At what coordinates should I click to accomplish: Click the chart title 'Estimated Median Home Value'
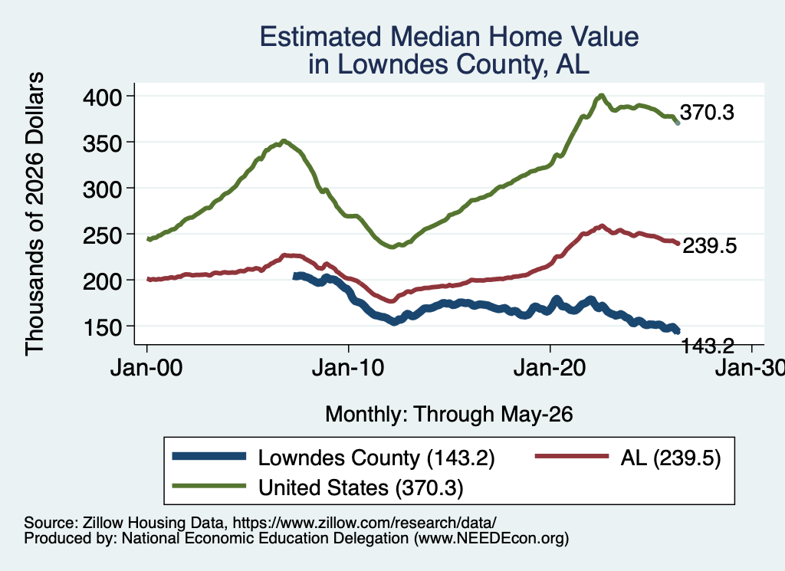point(449,37)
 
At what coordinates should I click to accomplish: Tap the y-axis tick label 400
point(102,97)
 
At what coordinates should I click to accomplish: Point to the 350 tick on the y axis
point(102,143)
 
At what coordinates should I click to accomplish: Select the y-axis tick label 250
point(102,235)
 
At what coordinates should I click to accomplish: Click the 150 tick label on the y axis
point(102,327)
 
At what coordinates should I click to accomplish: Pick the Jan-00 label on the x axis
point(146,368)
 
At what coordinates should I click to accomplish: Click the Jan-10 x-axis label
point(348,368)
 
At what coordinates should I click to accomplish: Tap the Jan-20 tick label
point(550,368)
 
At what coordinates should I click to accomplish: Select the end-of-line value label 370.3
point(707,113)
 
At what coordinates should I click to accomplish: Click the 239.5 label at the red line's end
point(709,246)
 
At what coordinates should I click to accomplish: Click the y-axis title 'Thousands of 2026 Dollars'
point(34,214)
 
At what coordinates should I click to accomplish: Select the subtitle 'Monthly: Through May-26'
point(449,415)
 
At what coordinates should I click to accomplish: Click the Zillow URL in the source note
point(364,523)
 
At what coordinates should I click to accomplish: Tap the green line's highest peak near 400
point(601,96)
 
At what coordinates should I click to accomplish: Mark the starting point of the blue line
point(295,276)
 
